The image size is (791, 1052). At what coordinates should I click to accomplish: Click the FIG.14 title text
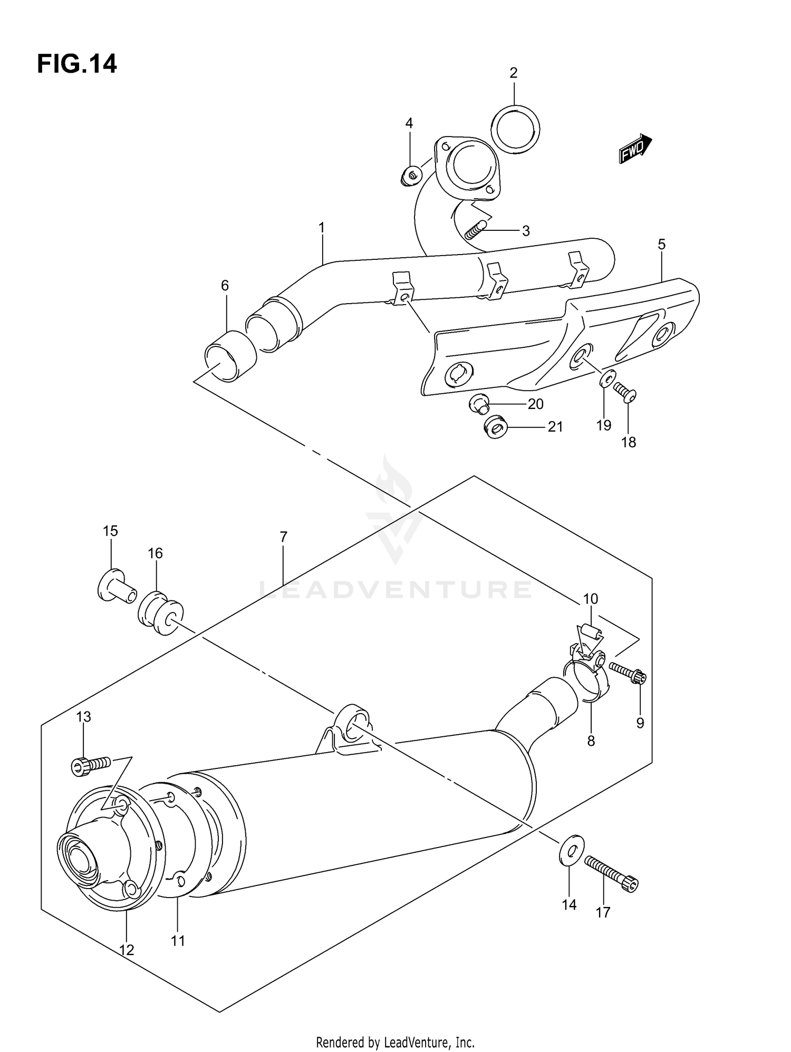click(77, 64)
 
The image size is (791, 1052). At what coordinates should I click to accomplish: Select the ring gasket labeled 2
click(515, 129)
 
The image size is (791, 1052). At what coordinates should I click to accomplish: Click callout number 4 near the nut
click(409, 123)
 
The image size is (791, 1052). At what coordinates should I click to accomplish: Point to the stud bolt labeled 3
click(476, 230)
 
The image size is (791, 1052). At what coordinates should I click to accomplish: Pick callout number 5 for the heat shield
click(661, 245)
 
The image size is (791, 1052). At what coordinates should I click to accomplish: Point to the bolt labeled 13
click(90, 765)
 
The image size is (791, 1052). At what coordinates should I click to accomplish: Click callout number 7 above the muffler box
click(283, 538)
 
